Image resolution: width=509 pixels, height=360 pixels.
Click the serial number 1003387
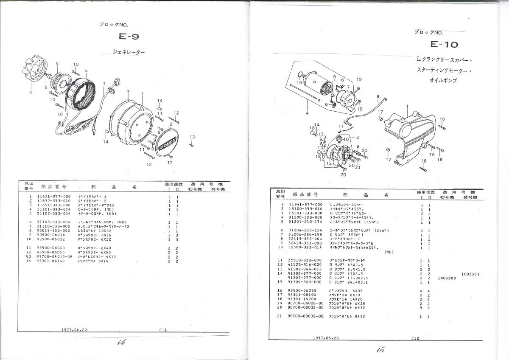click(x=470, y=274)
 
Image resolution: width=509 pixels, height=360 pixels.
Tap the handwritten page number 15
click(x=380, y=350)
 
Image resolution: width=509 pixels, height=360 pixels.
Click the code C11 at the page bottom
click(x=163, y=329)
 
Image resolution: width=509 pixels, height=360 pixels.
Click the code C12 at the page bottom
click(x=415, y=338)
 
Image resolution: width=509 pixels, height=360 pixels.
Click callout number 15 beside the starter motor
click(x=299, y=82)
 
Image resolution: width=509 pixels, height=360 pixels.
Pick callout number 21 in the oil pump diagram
click(x=358, y=167)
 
